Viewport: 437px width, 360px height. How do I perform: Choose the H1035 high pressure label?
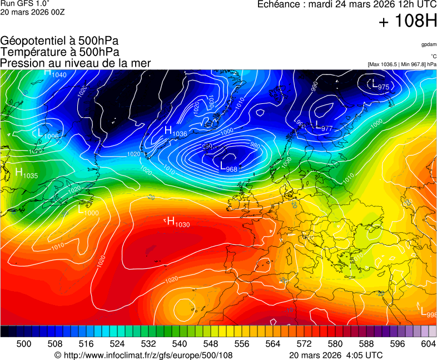click(27, 173)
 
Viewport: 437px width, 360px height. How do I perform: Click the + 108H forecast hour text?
click(408, 22)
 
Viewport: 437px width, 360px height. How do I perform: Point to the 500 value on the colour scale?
click(24, 344)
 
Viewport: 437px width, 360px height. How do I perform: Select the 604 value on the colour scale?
click(428, 344)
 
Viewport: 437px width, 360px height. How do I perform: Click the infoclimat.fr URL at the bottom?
click(143, 355)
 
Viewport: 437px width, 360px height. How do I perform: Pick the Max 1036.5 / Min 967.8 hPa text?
click(402, 64)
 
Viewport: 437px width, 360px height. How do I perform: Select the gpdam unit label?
click(429, 44)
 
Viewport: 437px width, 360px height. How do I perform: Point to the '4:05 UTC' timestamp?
click(364, 355)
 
